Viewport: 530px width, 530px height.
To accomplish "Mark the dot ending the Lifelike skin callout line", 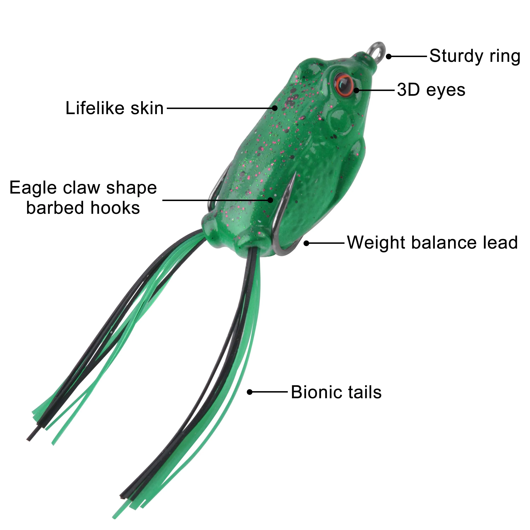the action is [275, 108].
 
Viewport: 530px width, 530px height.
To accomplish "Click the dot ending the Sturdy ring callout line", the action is [389, 57].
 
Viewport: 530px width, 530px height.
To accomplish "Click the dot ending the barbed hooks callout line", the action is [270, 200].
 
